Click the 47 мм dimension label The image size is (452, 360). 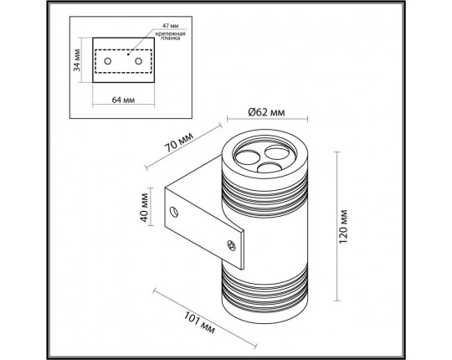click(170, 26)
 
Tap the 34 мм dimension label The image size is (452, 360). click(77, 60)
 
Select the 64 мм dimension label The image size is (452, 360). click(123, 100)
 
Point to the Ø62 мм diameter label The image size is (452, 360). click(266, 112)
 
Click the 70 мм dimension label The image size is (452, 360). click(179, 142)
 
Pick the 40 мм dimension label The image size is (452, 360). click(144, 207)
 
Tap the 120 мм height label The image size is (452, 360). click(343, 227)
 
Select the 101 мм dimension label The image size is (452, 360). click(199, 322)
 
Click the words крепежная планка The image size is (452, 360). click(171, 36)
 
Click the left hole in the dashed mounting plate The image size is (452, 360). click(108, 61)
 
